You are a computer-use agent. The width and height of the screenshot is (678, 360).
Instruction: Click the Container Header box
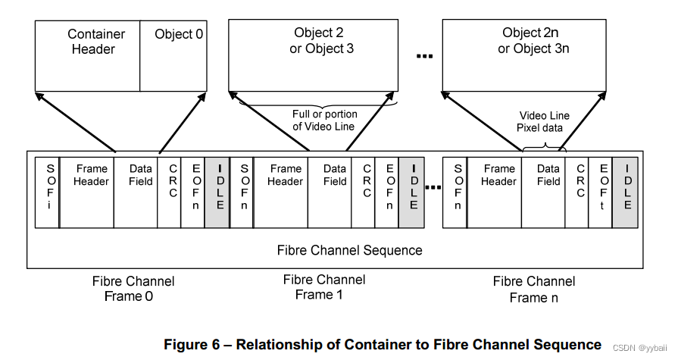[x=87, y=56]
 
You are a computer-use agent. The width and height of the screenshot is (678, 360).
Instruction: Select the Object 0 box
[x=173, y=56]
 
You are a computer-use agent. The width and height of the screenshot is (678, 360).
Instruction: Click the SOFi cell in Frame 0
[x=48, y=193]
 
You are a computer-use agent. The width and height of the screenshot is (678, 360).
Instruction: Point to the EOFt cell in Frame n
[x=603, y=193]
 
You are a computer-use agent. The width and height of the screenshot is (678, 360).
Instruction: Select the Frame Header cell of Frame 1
[x=284, y=193]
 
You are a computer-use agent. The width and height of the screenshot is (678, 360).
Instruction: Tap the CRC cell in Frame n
[x=580, y=193]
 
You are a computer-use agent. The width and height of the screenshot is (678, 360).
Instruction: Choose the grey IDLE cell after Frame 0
[x=218, y=193]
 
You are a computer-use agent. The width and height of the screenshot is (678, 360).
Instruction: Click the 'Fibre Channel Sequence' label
[x=349, y=250]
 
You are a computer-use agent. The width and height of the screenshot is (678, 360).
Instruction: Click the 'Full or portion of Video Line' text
[x=324, y=121]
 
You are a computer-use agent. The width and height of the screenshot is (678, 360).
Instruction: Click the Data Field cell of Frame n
[x=548, y=193]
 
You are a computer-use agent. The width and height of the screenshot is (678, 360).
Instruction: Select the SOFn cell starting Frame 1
[x=244, y=193]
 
